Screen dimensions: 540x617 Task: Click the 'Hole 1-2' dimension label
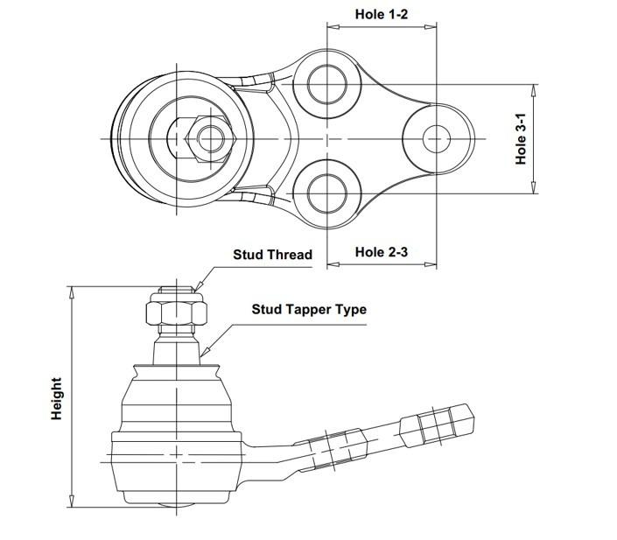(382, 15)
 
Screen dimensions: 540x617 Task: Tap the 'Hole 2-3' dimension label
(382, 252)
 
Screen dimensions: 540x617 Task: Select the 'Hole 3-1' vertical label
(522, 140)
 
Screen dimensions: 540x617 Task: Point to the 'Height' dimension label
(57, 398)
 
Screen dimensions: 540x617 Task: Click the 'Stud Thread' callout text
(272, 255)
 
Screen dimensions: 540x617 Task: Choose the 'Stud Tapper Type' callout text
(309, 309)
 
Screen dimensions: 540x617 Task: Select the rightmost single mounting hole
(437, 138)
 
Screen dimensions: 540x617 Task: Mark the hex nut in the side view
(176, 310)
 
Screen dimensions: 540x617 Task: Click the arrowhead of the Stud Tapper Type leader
(202, 354)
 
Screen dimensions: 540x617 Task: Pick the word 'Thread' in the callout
(291, 255)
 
